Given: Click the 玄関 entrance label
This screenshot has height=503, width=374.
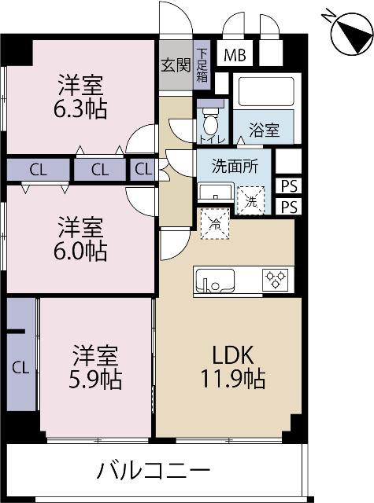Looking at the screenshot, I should click(x=176, y=65).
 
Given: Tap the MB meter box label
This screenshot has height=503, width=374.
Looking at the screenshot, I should click(x=235, y=55).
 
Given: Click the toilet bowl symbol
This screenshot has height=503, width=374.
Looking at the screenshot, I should click(x=210, y=124).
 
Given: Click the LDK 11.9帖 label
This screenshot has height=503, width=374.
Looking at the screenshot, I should click(x=230, y=367).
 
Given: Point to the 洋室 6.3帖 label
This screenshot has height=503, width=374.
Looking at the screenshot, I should click(x=81, y=95).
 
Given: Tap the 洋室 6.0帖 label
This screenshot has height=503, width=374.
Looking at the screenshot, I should click(x=81, y=240).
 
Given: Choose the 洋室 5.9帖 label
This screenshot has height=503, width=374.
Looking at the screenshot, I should click(x=96, y=367).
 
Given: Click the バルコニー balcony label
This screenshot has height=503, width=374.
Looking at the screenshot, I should click(x=154, y=472).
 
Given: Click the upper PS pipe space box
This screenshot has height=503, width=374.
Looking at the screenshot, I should click(x=289, y=186).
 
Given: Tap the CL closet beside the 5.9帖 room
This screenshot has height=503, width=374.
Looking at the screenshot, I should click(x=21, y=366).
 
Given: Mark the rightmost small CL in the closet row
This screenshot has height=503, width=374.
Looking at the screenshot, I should click(x=143, y=168).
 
